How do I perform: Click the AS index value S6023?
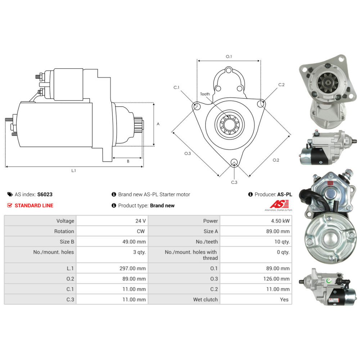point(45,194)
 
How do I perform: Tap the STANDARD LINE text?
point(34,206)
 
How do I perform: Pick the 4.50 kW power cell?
point(282,221)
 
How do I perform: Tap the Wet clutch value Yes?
point(284,300)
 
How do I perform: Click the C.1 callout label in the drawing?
point(176,87)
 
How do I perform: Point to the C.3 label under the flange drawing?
point(234,182)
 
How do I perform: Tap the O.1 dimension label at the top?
point(229,57)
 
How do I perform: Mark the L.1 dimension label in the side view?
point(73,171)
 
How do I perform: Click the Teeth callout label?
point(205,94)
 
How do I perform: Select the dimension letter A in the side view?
point(158,124)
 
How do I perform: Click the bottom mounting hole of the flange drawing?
point(234,162)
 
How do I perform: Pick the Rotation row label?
point(64,231)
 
